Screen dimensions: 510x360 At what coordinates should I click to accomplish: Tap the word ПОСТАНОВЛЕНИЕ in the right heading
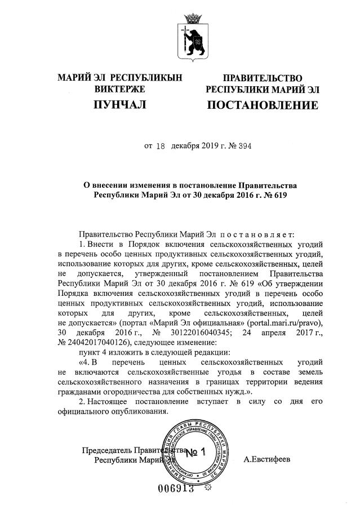click(263, 105)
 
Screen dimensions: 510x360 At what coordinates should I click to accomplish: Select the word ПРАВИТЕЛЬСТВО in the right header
click(263, 78)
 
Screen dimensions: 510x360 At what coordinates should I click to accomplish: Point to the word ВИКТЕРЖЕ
click(120, 89)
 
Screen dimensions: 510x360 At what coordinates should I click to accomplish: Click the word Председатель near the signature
click(108, 450)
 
